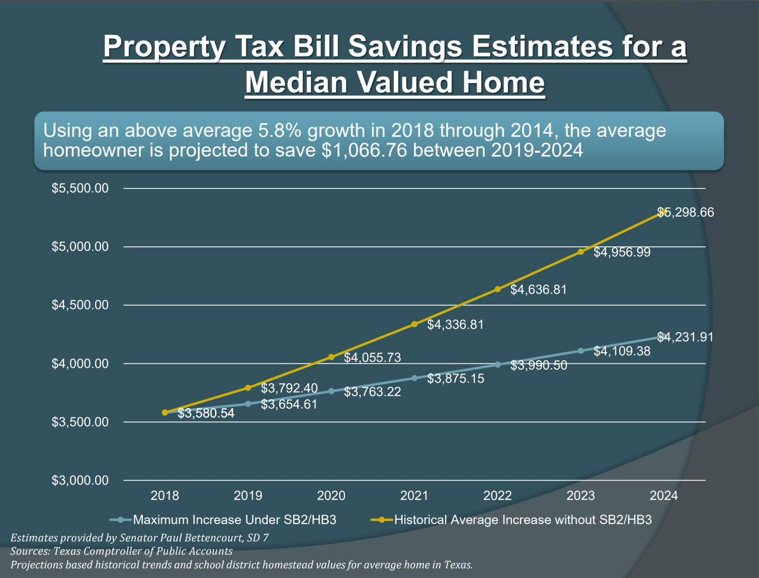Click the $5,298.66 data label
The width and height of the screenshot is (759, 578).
[685, 212]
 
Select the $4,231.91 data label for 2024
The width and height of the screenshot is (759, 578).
[685, 337]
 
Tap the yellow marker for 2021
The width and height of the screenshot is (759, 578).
[415, 324]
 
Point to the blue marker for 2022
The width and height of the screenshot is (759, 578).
[497, 365]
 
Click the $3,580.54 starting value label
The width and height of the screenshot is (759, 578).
[206, 414]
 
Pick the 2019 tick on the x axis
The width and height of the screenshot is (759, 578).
[248, 496]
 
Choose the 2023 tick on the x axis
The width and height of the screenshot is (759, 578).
[580, 496]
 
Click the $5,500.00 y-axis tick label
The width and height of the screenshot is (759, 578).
[80, 188]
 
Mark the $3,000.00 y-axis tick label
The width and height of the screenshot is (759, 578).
[80, 480]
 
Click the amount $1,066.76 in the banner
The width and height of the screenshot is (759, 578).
[364, 150]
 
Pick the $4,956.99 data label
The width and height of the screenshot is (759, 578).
[622, 252]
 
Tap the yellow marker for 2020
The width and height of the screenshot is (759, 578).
[331, 357]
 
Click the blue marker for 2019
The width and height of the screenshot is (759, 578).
[248, 404]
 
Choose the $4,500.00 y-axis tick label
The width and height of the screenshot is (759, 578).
[80, 305]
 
